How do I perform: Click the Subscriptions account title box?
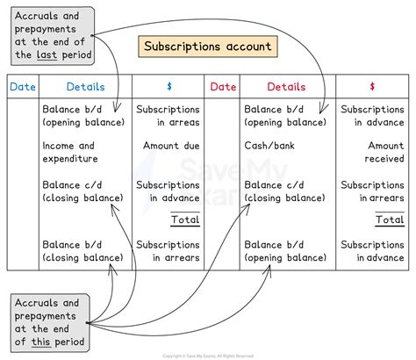tap(208, 47)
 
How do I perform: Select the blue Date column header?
tap(23, 87)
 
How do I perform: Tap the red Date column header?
tap(223, 87)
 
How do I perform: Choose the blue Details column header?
tap(85, 87)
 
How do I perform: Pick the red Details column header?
tap(286, 87)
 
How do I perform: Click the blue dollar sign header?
tap(169, 86)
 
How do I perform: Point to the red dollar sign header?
tap(372, 86)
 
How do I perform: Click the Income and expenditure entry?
tap(70, 152)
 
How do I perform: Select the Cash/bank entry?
tap(269, 146)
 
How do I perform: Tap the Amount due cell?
tap(171, 146)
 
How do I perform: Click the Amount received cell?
tap(384, 152)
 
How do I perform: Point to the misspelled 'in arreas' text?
tap(178, 122)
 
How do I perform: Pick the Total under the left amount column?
tap(185, 220)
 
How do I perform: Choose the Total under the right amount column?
tap(390, 220)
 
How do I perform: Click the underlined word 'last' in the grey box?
tap(47, 54)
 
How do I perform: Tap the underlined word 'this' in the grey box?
tap(41, 342)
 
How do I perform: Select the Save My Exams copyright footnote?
tap(208, 356)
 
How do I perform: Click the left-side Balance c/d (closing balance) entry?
tap(82, 191)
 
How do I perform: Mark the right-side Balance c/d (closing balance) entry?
tap(284, 191)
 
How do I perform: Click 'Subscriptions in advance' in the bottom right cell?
tap(372, 251)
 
